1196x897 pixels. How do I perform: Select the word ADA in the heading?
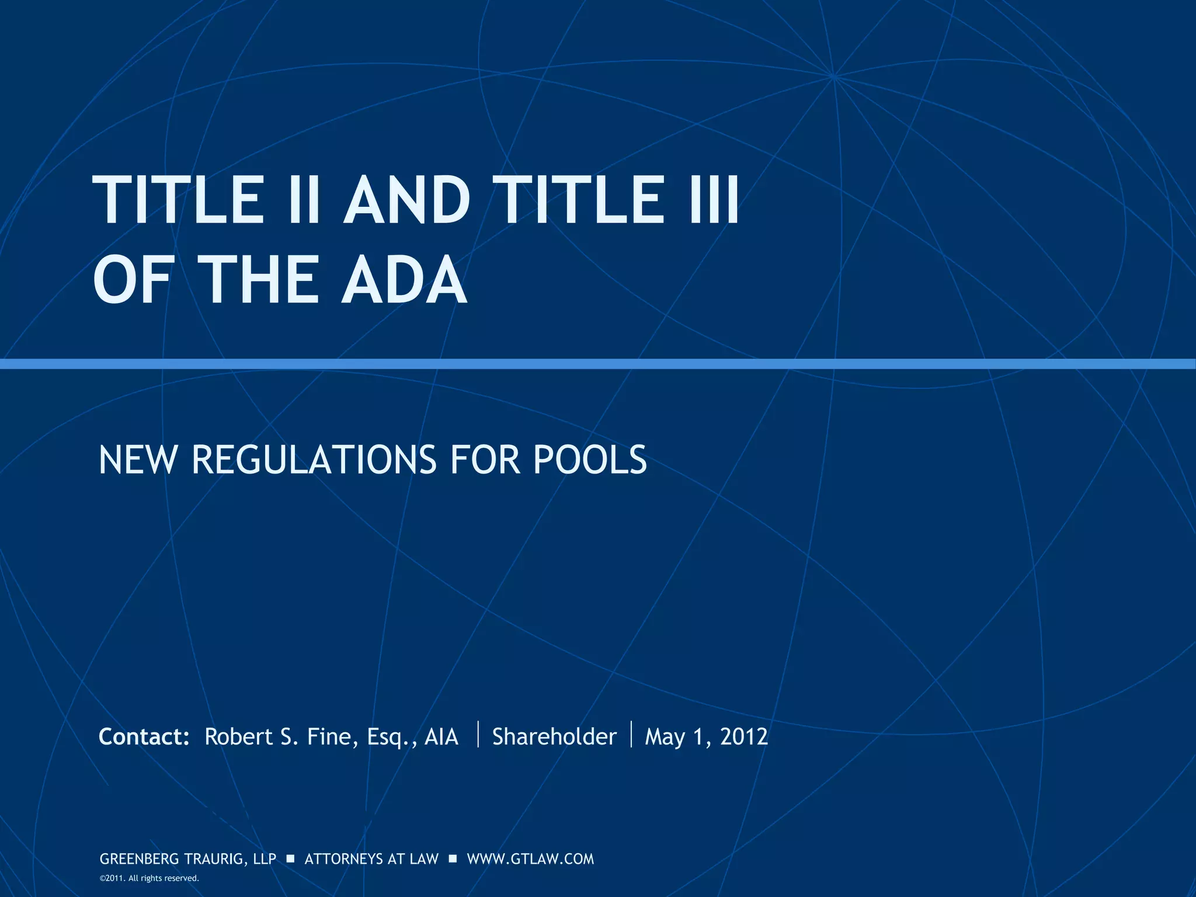pos(404,280)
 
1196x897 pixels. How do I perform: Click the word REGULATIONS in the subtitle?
pos(314,460)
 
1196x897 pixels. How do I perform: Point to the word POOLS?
pos(590,460)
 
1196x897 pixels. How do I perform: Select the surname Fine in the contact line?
pos(329,737)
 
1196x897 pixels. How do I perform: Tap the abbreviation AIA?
pos(441,737)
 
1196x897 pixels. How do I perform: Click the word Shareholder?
pos(554,737)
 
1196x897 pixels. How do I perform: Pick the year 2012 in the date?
pos(744,737)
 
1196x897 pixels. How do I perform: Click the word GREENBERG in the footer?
pos(140,859)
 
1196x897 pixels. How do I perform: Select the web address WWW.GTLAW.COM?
pos(530,859)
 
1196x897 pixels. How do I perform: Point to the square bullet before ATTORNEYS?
pos(290,859)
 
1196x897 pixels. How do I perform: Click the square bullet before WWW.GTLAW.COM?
pos(453,859)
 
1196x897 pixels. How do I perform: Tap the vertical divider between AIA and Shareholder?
pos(478,735)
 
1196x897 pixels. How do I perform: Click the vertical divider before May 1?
pos(632,735)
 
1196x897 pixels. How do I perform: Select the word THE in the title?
pos(259,280)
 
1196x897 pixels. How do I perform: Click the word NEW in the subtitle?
pos(137,460)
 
